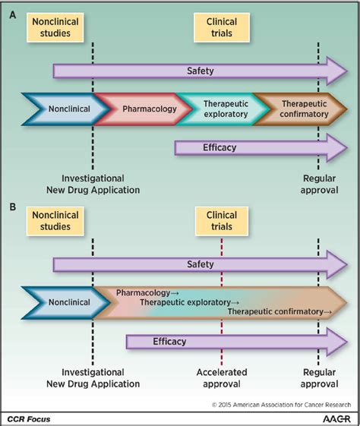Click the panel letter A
click(12, 15)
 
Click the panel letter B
click(12, 207)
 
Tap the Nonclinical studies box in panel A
click(55, 27)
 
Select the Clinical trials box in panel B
click(222, 221)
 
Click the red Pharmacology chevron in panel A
click(144, 109)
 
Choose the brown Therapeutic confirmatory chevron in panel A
click(300, 109)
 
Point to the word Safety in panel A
click(201, 71)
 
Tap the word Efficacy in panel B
click(169, 341)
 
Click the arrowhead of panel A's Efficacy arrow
click(337, 148)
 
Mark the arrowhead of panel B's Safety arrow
click(337, 264)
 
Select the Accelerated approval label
click(222, 378)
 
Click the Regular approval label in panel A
click(319, 185)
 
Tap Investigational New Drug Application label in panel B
click(93, 378)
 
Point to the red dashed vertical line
click(222, 302)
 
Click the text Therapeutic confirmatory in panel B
click(276, 311)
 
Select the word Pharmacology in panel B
click(144, 292)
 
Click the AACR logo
click(336, 418)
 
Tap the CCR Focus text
click(29, 419)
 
